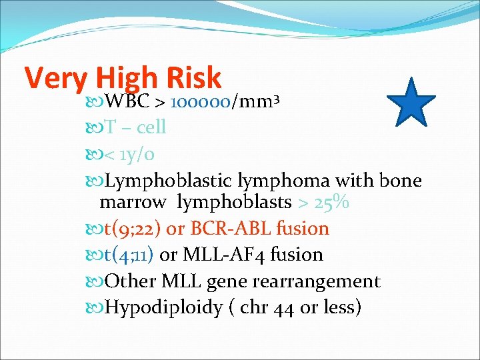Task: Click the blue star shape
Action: point(411,104)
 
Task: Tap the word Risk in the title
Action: point(191,78)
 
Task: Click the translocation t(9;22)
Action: point(133,229)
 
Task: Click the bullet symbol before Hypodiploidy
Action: point(95,307)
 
